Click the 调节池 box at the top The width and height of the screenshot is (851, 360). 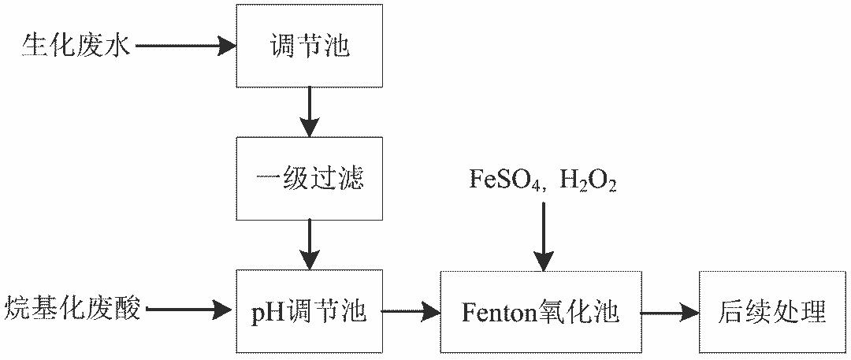(x=309, y=45)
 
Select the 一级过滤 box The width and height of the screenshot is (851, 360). (x=309, y=179)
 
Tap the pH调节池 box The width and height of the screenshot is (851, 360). (x=309, y=312)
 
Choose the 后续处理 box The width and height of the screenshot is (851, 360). (x=772, y=312)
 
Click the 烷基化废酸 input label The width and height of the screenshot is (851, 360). (x=72, y=309)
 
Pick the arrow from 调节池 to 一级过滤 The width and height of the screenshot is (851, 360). (x=309, y=112)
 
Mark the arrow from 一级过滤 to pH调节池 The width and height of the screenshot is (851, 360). (x=309, y=245)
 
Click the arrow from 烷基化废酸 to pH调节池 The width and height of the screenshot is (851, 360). (x=191, y=311)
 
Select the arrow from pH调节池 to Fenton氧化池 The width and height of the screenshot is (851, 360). (x=411, y=312)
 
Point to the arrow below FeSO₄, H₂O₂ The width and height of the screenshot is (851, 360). (x=544, y=236)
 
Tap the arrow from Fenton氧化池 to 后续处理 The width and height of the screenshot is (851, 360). (x=669, y=312)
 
